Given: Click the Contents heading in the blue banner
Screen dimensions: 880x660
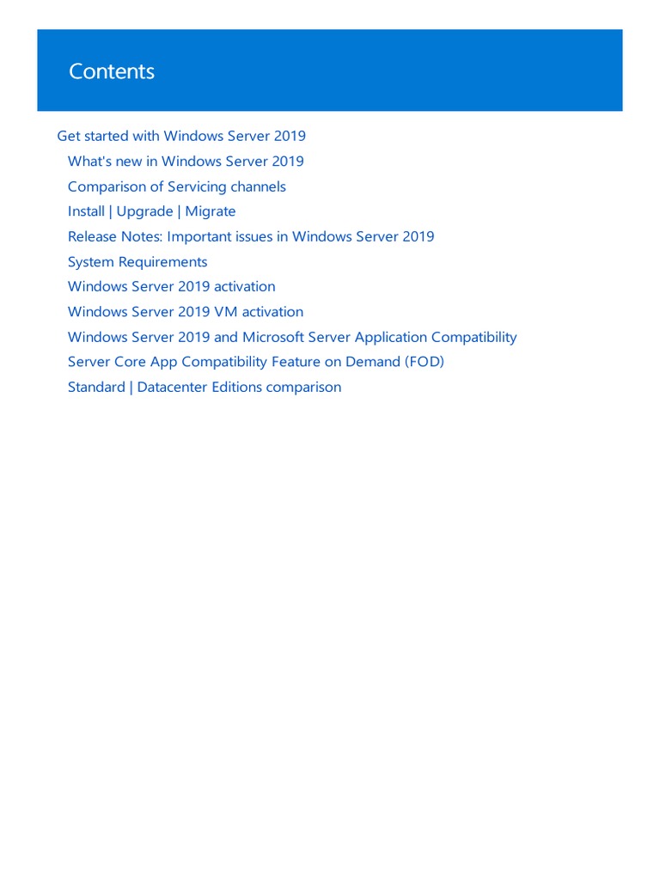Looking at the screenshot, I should pos(112,71).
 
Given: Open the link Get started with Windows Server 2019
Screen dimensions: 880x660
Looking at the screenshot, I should pos(181,136).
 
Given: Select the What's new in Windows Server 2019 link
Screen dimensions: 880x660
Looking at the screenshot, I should pos(186,162).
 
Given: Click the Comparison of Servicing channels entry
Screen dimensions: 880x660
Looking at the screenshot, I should pos(176,186).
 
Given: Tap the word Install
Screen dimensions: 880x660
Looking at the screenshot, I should pos(86,211).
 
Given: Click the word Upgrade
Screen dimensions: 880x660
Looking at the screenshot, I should pos(144,211).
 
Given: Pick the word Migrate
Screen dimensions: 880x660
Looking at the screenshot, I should pos(211,211).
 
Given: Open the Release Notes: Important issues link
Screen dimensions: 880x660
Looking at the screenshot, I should pos(251,236).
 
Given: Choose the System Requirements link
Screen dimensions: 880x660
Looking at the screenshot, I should pos(137,261).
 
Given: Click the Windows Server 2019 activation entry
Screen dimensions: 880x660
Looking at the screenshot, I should pos(171,286).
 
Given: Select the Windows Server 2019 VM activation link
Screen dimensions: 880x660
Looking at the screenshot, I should pos(185,312).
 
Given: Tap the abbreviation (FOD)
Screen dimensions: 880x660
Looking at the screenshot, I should pos(424,362).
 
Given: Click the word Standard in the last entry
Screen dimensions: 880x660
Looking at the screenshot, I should pos(96,388).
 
